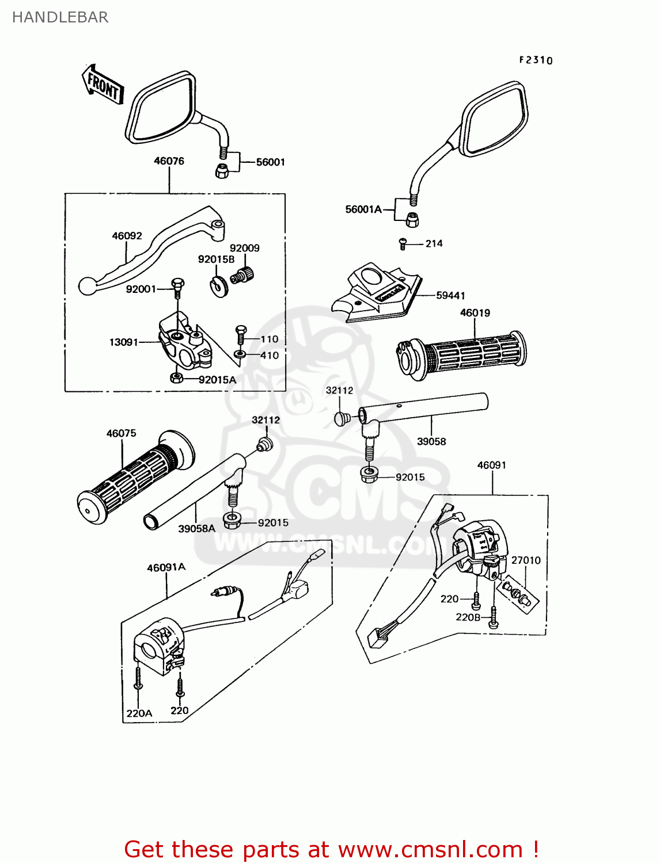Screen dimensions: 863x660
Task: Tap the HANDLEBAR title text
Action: (x=60, y=17)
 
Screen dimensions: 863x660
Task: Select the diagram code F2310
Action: (x=536, y=60)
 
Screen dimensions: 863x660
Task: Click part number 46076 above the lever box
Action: (x=169, y=161)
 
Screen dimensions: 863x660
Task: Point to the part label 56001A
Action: (x=363, y=209)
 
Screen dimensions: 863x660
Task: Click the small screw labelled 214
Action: (x=403, y=245)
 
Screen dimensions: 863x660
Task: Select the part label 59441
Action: (x=450, y=295)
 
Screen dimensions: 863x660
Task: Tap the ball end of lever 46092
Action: (x=87, y=285)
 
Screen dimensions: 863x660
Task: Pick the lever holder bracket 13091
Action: (x=184, y=342)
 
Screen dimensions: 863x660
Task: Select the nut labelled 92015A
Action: (x=177, y=378)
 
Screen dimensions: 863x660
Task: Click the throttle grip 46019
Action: (x=461, y=356)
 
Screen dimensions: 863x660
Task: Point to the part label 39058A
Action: (x=196, y=529)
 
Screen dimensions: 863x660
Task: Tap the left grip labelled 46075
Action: (x=136, y=477)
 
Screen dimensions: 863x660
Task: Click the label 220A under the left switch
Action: (x=139, y=713)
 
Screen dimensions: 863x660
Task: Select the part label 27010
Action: (x=526, y=560)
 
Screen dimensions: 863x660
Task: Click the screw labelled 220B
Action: (x=468, y=617)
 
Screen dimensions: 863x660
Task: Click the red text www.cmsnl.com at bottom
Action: (x=430, y=850)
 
